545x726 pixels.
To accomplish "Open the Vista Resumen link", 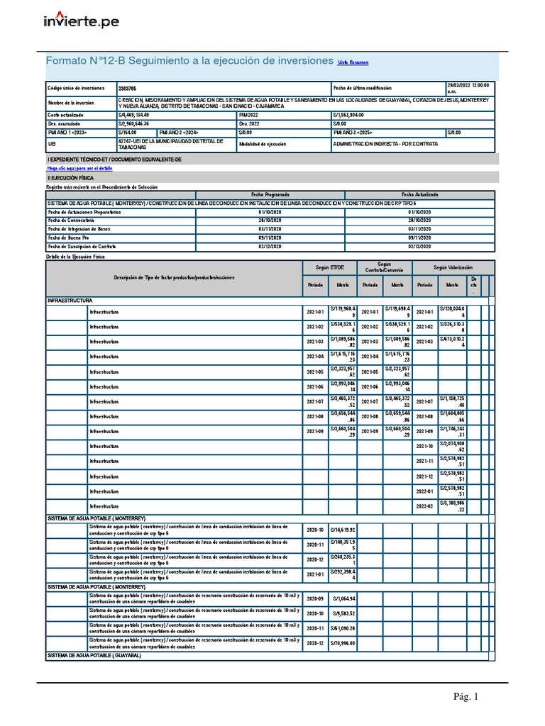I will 352,62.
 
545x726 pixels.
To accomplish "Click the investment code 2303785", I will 128,89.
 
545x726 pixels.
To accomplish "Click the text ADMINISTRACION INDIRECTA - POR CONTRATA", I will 385,143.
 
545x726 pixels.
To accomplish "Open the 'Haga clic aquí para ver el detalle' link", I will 79,169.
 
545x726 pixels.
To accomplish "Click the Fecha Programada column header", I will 270,194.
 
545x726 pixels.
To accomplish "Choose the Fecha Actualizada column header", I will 420,194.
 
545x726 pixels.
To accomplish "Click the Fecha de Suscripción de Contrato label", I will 81,246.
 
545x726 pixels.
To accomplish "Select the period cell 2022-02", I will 424,506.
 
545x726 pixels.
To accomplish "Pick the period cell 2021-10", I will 424,446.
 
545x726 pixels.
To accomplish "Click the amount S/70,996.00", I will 341,643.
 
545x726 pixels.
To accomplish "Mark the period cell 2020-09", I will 314,598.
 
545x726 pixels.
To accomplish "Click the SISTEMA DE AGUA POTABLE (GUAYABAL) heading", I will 94,656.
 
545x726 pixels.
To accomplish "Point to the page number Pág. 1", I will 466,697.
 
